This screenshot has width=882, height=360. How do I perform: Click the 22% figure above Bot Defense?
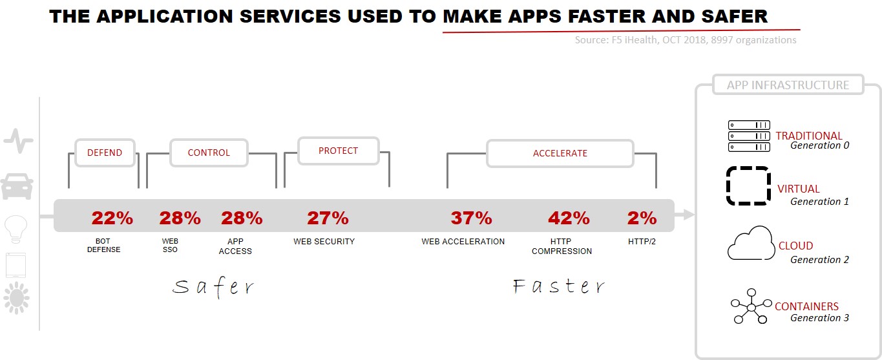click(112, 218)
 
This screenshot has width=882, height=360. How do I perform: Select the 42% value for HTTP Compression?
click(569, 218)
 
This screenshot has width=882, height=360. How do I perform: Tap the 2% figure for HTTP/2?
click(642, 218)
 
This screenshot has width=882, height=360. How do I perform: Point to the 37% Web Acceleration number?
click(471, 218)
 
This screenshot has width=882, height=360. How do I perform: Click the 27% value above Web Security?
click(328, 218)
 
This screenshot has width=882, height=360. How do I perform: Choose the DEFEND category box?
click(105, 153)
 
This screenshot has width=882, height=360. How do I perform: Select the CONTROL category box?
click(209, 153)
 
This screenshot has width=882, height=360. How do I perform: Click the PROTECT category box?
click(338, 151)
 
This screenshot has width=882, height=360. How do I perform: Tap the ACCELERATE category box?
click(560, 153)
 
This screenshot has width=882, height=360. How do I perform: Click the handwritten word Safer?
click(213, 286)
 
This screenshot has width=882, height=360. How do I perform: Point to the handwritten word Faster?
click(559, 286)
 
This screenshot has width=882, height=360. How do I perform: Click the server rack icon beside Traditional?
click(749, 136)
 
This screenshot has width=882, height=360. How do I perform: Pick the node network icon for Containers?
click(751, 307)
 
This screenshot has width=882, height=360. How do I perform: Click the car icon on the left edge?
click(17, 186)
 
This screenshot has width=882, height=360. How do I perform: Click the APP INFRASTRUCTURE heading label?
click(788, 85)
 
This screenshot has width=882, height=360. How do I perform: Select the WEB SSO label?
click(170, 245)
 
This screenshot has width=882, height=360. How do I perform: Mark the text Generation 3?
click(819, 317)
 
